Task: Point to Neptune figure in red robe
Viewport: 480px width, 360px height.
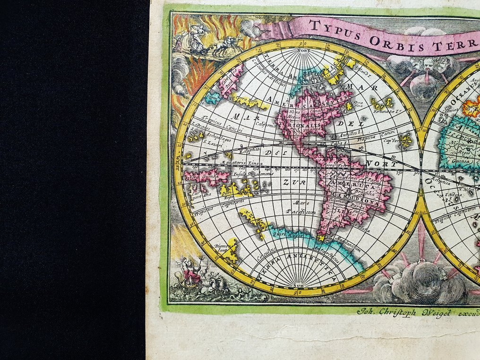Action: point(193,273)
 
